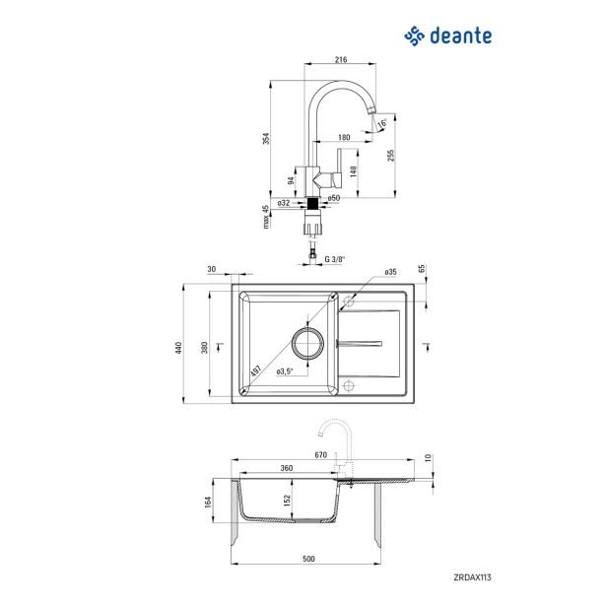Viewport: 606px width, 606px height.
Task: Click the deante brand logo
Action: pyautogui.click(x=448, y=36)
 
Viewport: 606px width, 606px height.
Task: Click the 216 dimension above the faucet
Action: pyautogui.click(x=342, y=60)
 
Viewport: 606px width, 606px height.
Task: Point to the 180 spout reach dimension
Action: pyautogui.click(x=344, y=137)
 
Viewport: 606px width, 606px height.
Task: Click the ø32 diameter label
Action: pyautogui.click(x=283, y=202)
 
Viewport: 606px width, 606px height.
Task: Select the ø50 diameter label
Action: pyautogui.click(x=334, y=199)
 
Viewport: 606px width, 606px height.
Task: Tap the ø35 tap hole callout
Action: pyautogui.click(x=390, y=271)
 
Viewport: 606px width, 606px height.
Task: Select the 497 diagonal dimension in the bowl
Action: pyautogui.click(x=255, y=372)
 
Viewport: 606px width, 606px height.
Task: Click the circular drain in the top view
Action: pyautogui.click(x=307, y=344)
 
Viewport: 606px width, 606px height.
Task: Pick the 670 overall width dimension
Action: pyautogui.click(x=320, y=455)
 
